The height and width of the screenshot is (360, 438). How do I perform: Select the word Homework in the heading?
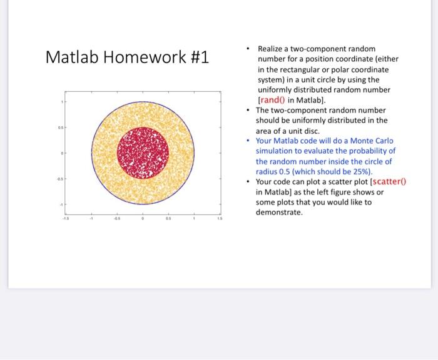coord(142,57)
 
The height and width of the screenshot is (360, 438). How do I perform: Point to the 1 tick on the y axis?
coord(61,101)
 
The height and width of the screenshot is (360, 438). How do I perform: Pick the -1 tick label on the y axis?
coord(61,204)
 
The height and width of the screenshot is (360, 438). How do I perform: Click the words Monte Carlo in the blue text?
coord(375,141)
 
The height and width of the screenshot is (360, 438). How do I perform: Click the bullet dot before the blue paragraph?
coord(249,141)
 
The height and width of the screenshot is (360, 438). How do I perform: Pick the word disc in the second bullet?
coord(310,131)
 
